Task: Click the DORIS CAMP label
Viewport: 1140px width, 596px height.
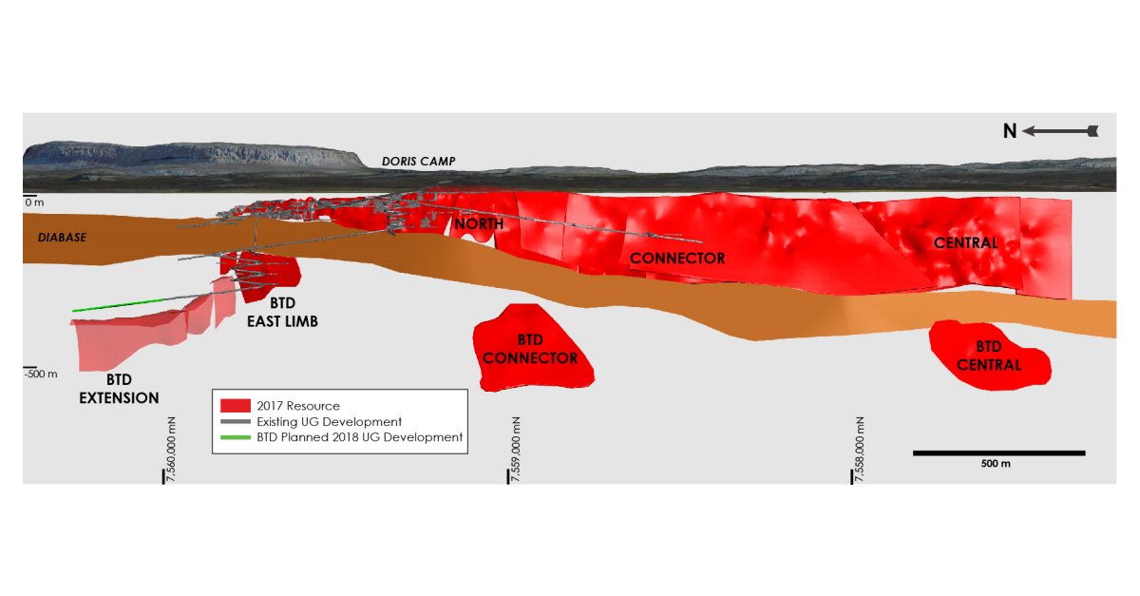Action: tap(418, 163)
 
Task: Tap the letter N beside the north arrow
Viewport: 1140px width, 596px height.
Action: tap(1010, 131)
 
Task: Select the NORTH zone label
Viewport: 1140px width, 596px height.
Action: tap(478, 224)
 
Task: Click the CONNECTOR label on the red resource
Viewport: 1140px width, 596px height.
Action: tap(677, 259)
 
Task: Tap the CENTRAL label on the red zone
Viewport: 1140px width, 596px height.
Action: tap(966, 243)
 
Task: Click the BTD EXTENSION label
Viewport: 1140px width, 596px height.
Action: tap(119, 390)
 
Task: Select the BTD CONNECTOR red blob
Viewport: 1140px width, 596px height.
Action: tap(532, 349)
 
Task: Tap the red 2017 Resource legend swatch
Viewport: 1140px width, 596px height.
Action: tap(235, 406)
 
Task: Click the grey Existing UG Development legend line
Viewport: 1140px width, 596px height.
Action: tap(235, 422)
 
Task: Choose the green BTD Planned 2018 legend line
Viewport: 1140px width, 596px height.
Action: tap(235, 437)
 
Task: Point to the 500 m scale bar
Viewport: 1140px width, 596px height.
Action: tap(998, 453)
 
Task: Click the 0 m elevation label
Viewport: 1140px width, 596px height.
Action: tap(34, 202)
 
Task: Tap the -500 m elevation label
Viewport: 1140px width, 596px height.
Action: tap(41, 374)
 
